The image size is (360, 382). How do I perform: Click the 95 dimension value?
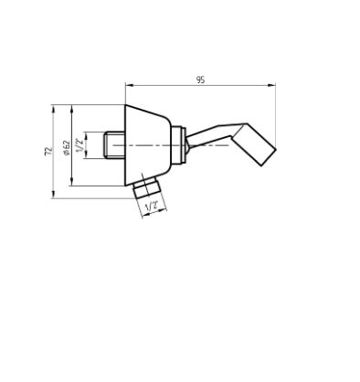(x=200, y=80)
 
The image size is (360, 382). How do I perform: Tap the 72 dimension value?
(x=48, y=152)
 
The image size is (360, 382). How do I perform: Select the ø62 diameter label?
(x=67, y=147)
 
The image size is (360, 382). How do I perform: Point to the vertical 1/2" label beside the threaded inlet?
(x=79, y=145)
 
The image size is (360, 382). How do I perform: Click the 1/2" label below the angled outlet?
(x=152, y=207)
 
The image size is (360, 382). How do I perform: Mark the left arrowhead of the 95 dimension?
(x=129, y=86)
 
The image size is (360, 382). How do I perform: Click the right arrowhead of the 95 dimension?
(x=271, y=86)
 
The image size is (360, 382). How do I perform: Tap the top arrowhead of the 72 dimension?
(x=53, y=109)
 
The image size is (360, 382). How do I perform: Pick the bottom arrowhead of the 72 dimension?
(x=53, y=195)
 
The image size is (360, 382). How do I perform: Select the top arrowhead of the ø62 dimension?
(x=72, y=109)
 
